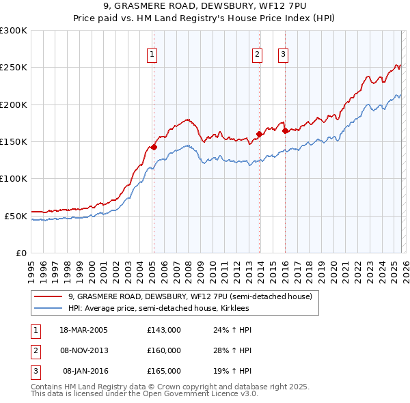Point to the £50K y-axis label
pos(16,216)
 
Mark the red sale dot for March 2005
pos(154,147)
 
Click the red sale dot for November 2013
pos(260,134)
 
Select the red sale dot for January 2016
pos(285,130)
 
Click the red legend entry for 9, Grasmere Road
pos(190,297)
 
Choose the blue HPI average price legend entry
pos(159,309)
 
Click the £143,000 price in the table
pos(164,330)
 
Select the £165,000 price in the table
pos(164,371)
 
